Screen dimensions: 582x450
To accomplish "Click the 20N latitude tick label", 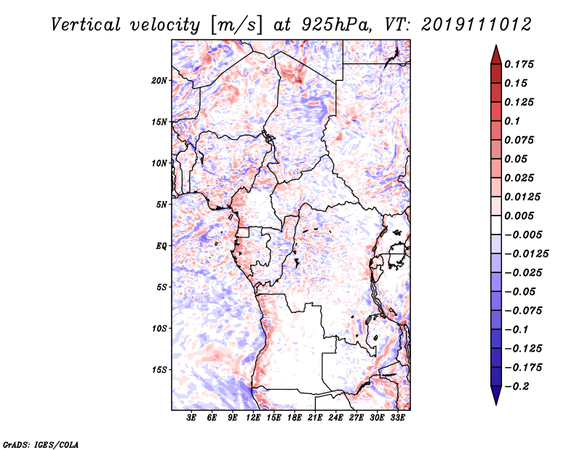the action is pos(159,81).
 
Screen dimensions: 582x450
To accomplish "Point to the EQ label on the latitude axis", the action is pos(162,246).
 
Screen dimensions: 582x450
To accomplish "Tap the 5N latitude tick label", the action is pos(162,205).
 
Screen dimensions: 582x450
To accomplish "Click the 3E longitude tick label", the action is pos(191,418).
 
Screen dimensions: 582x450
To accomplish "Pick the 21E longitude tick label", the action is pos(315,418).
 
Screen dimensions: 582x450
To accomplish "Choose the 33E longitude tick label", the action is pos(397,418).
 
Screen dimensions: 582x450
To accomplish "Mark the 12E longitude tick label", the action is pos(252,418).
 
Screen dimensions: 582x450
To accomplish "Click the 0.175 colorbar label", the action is pos(519,64).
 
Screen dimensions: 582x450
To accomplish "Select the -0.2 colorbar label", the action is pos(517,387).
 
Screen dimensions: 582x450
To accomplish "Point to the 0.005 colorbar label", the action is pos(519,216).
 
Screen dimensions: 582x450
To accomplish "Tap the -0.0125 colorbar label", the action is pos(526,254).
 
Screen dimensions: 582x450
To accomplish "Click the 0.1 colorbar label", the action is pos(512,121).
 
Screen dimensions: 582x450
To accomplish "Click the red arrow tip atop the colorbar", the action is pos(496,46).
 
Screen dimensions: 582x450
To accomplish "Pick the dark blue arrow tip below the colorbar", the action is pos(496,404).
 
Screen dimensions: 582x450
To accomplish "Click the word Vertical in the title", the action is pos(86,25).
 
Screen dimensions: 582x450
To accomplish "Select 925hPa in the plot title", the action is pos(337,25).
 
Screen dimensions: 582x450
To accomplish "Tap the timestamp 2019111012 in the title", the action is pos(477,25).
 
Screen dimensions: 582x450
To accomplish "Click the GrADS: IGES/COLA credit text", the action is pos(41,444).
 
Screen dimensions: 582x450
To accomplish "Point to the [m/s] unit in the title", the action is pos(236,25).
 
